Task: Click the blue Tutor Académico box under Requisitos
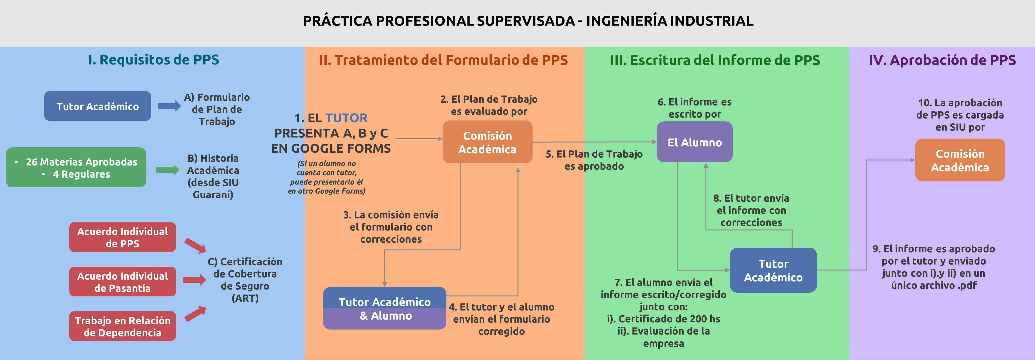tap(98, 106)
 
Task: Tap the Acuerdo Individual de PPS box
tap(123, 237)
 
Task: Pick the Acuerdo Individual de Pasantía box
tap(123, 282)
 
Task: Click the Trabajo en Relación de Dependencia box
tap(123, 326)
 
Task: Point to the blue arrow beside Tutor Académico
tap(169, 106)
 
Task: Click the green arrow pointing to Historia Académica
tap(168, 170)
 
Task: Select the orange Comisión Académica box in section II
tap(487, 142)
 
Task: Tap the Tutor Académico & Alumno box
tap(385, 308)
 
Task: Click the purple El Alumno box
tap(695, 142)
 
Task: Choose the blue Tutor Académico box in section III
tap(773, 270)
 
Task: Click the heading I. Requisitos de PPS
tap(154, 60)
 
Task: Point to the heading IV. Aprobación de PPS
tap(942, 60)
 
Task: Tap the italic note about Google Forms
tap(327, 177)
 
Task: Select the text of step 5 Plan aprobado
tap(594, 160)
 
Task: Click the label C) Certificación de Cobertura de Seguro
tap(245, 280)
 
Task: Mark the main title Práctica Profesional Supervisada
tap(528, 20)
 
